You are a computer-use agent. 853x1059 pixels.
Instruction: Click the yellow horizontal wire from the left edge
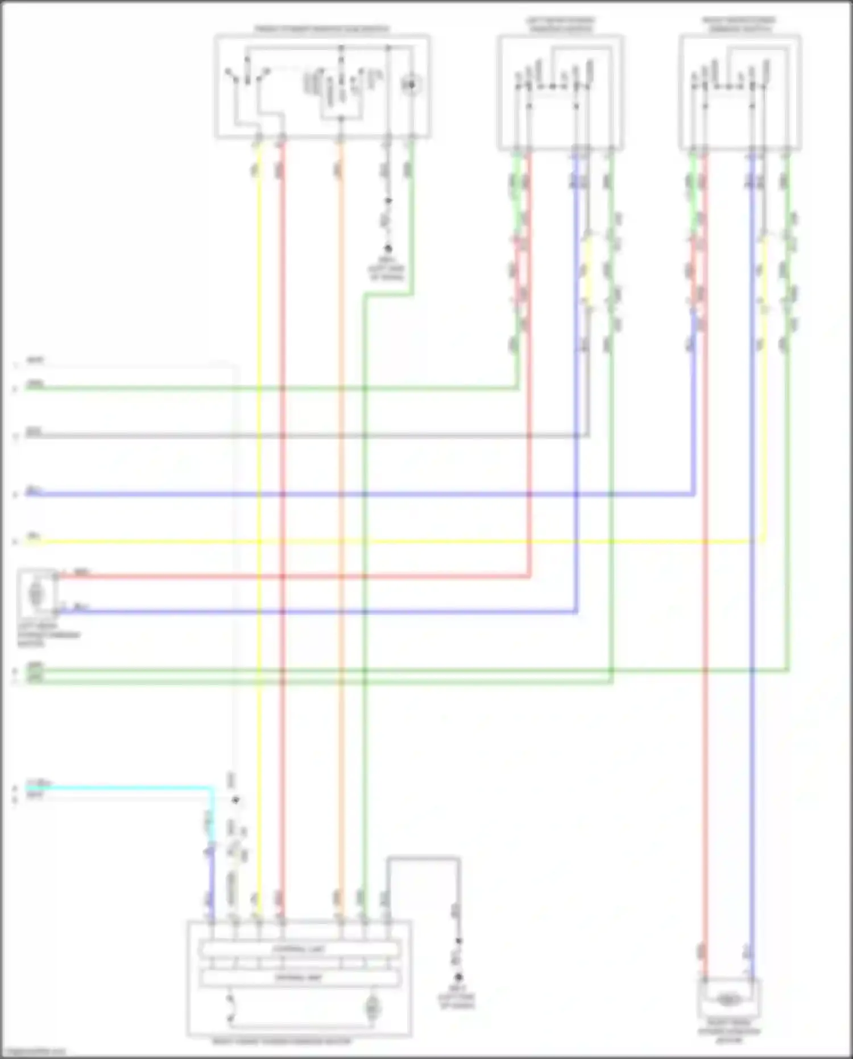[x=142, y=542]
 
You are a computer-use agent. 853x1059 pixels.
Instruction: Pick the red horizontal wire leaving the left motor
[x=171, y=576]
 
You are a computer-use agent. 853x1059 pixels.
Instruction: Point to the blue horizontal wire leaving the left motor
[x=171, y=612]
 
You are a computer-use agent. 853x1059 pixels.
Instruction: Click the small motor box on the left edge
[x=37, y=594]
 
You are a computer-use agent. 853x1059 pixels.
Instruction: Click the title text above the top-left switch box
[x=322, y=29]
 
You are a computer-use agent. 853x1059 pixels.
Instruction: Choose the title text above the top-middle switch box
[x=561, y=24]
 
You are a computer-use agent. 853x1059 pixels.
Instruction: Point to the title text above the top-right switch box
[x=739, y=24]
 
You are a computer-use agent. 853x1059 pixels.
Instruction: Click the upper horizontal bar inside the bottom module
[x=299, y=949]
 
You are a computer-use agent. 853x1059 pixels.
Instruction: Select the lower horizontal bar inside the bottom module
[x=299, y=978]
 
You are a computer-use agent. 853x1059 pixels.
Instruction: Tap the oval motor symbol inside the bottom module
[x=372, y=1008]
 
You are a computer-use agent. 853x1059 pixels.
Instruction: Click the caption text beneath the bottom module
[x=282, y=1042]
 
